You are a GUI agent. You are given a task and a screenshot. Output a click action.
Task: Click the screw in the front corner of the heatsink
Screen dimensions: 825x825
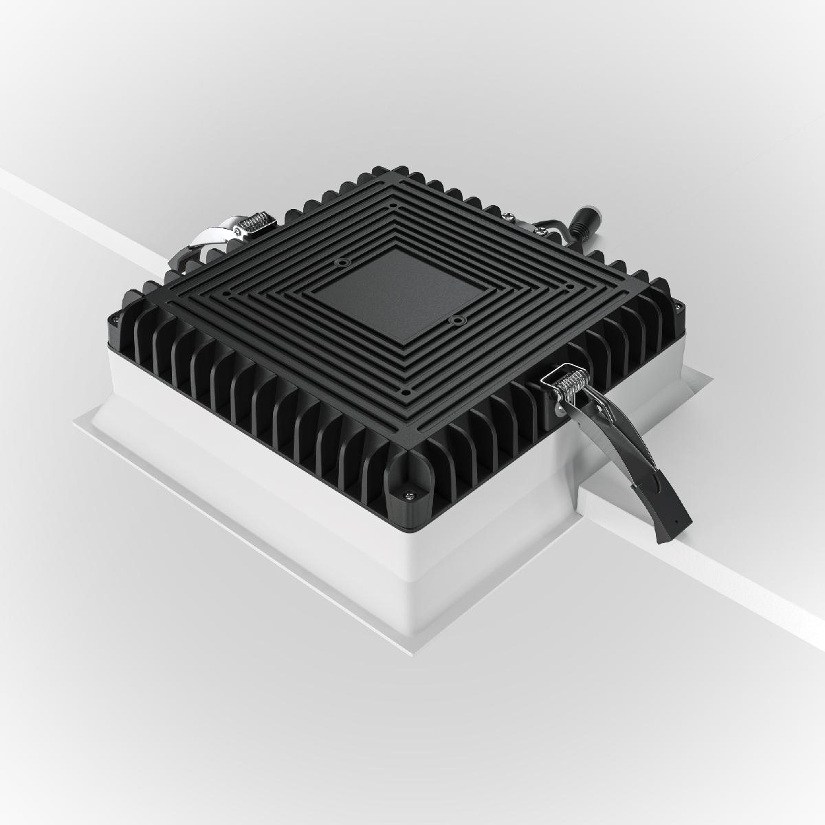[411, 492]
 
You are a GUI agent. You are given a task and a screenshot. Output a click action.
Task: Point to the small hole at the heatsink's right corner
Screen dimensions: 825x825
[569, 286]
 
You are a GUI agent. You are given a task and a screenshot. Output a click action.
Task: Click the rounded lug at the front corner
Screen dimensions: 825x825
[408, 481]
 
